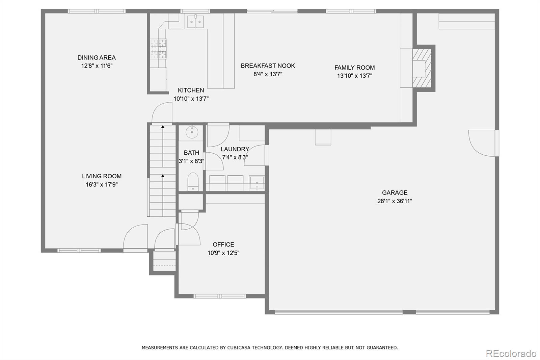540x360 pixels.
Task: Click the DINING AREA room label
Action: [x=97, y=58]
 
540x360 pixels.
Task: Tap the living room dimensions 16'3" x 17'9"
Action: [x=102, y=185]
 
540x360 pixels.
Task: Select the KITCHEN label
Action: [x=191, y=90]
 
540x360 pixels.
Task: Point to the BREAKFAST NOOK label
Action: [x=268, y=66]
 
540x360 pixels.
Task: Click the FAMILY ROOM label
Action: [x=355, y=68]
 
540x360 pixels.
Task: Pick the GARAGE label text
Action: [x=395, y=192]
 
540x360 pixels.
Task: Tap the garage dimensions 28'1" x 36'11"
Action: [x=395, y=201]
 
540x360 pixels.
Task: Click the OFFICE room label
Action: [x=223, y=245]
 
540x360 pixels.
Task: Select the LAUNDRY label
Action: [x=235, y=149]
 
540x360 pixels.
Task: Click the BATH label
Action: [x=191, y=153]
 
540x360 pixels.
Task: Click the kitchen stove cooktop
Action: [x=159, y=49]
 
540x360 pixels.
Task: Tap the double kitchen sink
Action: [x=195, y=21]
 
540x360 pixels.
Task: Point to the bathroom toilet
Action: [x=193, y=182]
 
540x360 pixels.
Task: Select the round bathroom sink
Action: [x=192, y=132]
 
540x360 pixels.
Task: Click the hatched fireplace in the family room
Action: [x=422, y=68]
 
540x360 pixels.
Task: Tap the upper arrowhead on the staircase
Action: [x=163, y=126]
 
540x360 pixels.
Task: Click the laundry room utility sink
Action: [x=257, y=183]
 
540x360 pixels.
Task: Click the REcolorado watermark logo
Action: [x=511, y=354]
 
